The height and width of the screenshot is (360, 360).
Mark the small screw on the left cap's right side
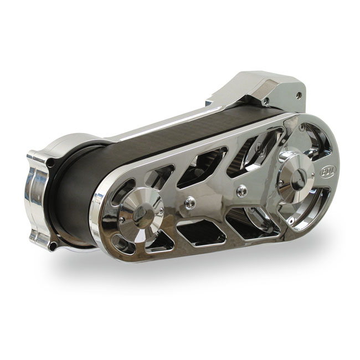tap(161, 209)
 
